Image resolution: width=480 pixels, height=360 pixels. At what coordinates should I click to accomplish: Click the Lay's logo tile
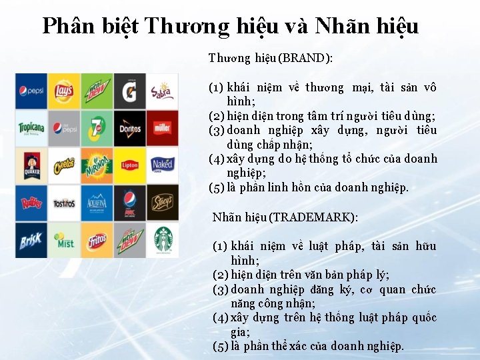64,91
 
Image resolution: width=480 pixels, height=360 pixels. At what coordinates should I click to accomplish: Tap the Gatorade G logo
129,91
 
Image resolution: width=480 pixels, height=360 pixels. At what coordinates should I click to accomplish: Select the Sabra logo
162,91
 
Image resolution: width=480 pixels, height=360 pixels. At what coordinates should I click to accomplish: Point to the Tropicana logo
31,128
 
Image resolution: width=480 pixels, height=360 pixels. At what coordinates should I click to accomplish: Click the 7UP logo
97,128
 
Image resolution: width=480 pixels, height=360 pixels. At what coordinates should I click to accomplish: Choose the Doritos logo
129,128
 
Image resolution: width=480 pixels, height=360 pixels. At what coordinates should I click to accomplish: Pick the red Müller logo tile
162,128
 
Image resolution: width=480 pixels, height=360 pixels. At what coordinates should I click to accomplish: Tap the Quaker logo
31,165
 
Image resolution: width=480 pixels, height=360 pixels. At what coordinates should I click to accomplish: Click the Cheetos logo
64,165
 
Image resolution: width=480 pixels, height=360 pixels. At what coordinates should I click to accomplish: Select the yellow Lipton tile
129,165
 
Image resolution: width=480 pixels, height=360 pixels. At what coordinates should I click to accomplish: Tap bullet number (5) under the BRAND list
216,187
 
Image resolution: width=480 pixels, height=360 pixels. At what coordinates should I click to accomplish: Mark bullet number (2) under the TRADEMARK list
221,275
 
